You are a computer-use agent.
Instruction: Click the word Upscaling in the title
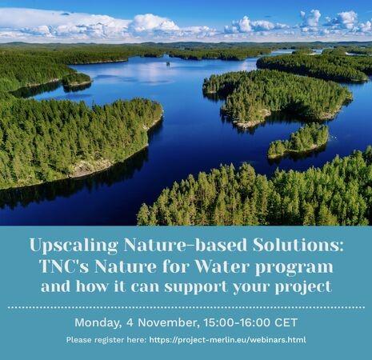[x=74, y=246]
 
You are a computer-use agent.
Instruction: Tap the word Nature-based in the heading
[x=186, y=245]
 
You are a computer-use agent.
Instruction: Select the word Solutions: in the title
[x=298, y=245]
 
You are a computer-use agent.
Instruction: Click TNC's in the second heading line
[x=64, y=266]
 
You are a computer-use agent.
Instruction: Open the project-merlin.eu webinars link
[x=227, y=340]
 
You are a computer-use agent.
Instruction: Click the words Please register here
[x=106, y=340]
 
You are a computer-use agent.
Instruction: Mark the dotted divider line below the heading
[x=186, y=307]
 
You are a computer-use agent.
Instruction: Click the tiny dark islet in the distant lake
[x=168, y=64]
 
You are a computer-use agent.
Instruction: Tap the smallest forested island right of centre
[x=298, y=141]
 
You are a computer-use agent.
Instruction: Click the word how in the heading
[x=92, y=286]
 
